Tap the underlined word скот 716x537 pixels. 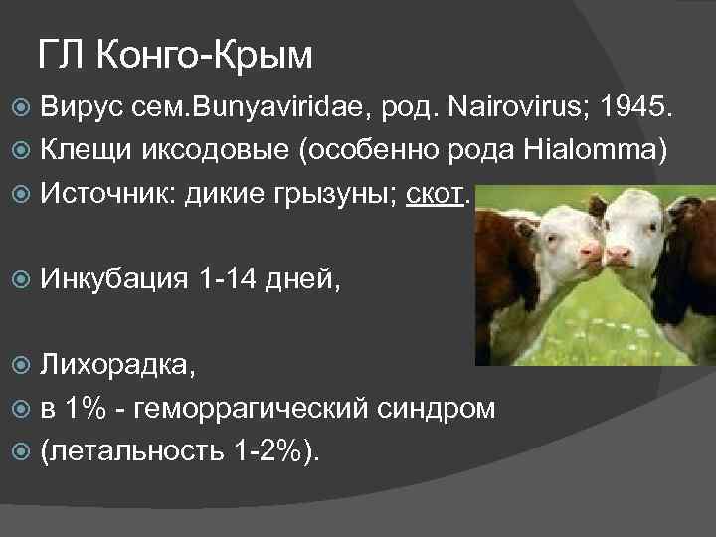(x=435, y=193)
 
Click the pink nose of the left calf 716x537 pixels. (x=591, y=252)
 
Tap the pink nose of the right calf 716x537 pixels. (x=619, y=255)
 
